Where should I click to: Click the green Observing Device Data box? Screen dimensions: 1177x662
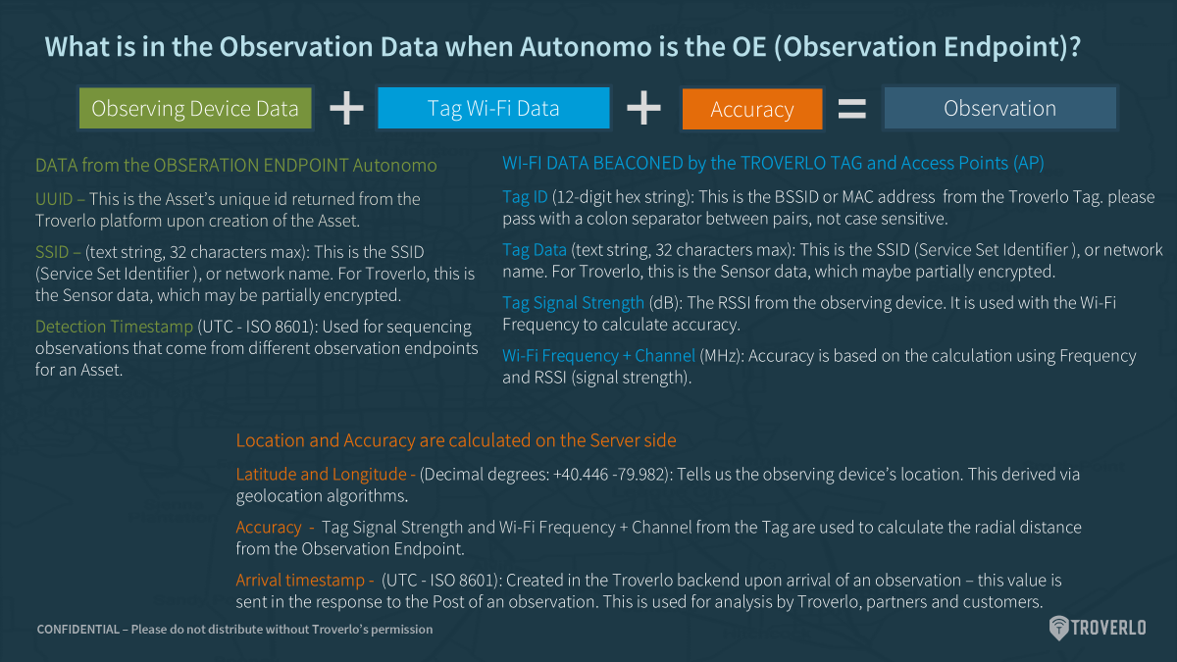195,108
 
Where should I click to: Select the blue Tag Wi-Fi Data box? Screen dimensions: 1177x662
493,108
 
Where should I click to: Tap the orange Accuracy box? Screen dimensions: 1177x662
752,109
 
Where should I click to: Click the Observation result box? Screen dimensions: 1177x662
999,108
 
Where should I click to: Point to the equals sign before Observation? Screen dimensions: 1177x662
851,109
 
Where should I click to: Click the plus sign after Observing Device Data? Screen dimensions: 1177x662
346,108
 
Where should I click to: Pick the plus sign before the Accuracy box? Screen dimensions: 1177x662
643,108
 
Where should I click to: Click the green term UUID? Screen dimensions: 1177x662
54,199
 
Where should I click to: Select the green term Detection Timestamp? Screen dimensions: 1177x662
114,327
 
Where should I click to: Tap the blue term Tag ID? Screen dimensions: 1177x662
525,197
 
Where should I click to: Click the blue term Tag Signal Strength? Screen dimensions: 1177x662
573,303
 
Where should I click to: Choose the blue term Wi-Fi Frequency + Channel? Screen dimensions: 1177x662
598,356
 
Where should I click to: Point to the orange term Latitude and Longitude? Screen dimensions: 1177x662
321,475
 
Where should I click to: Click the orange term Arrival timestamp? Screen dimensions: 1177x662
300,580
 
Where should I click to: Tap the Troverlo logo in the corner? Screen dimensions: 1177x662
1098,628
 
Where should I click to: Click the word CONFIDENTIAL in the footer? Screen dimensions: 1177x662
78,630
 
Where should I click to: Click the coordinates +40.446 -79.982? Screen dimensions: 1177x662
610,475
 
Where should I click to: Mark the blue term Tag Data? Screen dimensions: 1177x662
535,250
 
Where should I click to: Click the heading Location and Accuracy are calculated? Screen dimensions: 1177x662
456,440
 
